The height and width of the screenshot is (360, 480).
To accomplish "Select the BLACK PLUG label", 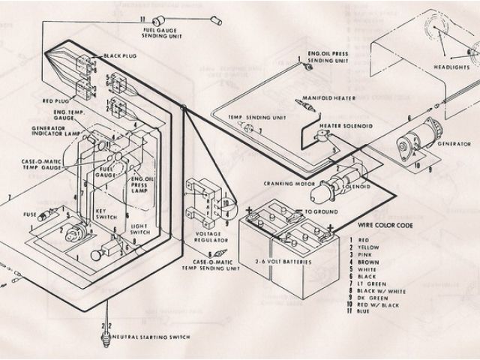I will click(120, 56).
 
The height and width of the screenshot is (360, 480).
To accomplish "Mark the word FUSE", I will click(29, 214).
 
